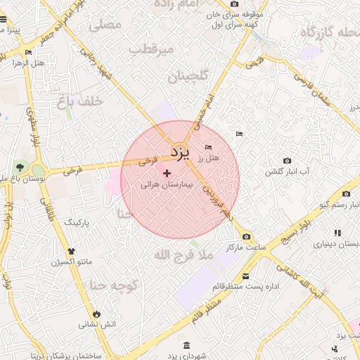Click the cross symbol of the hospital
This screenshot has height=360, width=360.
tap(167, 172)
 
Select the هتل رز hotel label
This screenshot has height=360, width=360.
tap(209, 158)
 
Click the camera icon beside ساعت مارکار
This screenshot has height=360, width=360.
tap(246, 236)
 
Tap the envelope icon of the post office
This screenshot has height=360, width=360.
tap(245, 276)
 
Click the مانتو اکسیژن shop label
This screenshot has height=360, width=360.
tap(67, 262)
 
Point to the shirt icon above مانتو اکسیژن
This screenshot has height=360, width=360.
tap(70, 251)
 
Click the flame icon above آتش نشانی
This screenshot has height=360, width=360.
tap(96, 314)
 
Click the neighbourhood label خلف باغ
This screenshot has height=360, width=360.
tap(80, 102)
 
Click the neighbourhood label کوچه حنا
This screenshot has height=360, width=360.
tap(112, 285)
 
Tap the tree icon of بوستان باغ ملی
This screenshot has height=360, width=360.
tap(20, 168)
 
